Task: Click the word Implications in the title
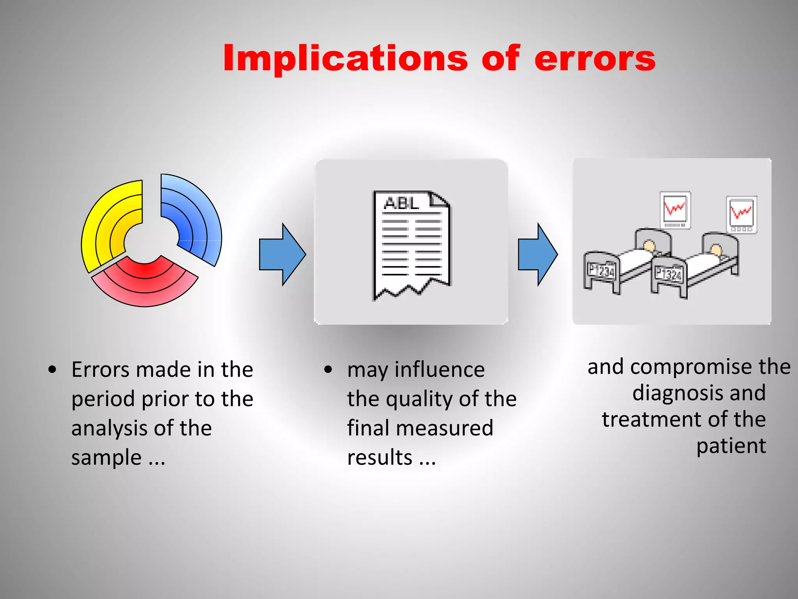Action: [x=345, y=58]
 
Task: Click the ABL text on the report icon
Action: [x=401, y=203]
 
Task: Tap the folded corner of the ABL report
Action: [x=440, y=200]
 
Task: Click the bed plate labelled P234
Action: [x=601, y=271]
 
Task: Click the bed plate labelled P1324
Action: [x=669, y=274]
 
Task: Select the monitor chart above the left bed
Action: [x=675, y=210]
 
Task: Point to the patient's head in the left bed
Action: [x=649, y=246]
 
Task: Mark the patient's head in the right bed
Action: [x=716, y=249]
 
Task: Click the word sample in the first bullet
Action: [x=106, y=457]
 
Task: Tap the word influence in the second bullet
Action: [x=440, y=369]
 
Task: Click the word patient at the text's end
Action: [x=731, y=446]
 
